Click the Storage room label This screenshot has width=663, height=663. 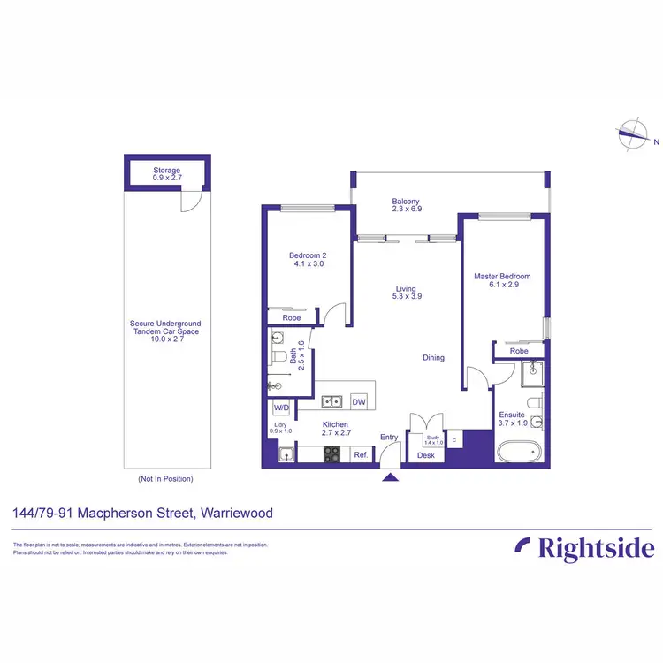(x=167, y=170)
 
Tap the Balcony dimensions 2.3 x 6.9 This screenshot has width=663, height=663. (x=406, y=210)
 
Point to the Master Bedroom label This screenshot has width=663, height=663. (x=502, y=277)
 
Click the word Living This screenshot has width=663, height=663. (x=406, y=288)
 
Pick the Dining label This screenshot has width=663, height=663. (x=433, y=358)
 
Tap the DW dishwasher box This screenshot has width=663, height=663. (x=359, y=401)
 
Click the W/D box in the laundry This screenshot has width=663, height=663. (x=282, y=408)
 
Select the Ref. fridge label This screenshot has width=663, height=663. (x=361, y=455)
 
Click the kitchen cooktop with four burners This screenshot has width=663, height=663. (x=333, y=454)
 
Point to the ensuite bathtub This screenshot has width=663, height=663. (x=518, y=453)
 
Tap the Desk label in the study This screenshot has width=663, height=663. (x=425, y=456)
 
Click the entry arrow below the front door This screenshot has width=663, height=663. (x=390, y=478)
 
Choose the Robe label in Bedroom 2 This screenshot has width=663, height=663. (x=291, y=317)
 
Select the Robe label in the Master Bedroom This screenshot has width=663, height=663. (x=519, y=351)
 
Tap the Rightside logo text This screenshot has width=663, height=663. (x=597, y=548)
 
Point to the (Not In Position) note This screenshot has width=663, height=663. (x=165, y=479)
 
